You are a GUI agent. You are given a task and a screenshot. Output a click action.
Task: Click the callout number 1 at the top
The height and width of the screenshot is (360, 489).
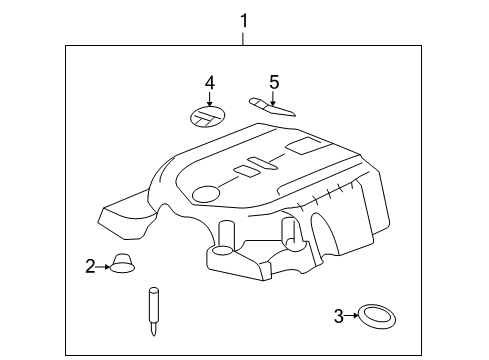242,19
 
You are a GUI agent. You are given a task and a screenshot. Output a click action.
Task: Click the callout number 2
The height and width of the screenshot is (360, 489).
90,266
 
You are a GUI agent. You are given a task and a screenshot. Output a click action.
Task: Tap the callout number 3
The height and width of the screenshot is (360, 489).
338,316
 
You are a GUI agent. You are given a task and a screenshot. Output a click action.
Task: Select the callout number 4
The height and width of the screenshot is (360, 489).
210,82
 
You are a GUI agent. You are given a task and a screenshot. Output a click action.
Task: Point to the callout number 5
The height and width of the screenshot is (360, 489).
273,82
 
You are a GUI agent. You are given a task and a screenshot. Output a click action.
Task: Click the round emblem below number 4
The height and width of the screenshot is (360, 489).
207,117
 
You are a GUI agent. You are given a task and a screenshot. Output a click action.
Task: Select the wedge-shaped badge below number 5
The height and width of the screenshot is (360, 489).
272,106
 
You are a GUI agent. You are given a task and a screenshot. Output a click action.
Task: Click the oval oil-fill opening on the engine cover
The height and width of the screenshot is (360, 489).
207,194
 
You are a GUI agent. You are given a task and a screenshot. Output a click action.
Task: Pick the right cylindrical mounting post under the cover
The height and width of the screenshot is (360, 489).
290,233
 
